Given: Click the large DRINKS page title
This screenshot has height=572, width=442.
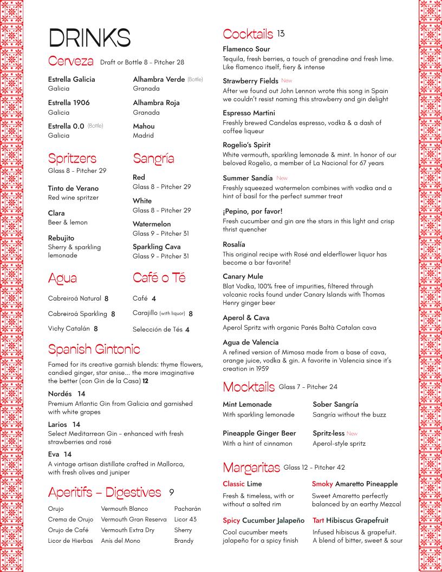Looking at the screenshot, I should pyautogui.click(x=89, y=38).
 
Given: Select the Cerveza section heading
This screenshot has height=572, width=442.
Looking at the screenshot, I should pyautogui.click(x=70, y=61).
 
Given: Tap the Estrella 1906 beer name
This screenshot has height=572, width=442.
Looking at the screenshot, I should pyautogui.click(x=69, y=103).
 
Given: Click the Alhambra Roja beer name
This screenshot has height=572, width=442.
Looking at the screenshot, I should pyautogui.click(x=156, y=103).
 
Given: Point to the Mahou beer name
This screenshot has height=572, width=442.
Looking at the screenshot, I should pyautogui.click(x=144, y=126).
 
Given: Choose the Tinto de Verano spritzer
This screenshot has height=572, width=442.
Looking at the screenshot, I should pyautogui.click(x=73, y=188).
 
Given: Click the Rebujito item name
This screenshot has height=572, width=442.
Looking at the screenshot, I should pyautogui.click(x=61, y=238).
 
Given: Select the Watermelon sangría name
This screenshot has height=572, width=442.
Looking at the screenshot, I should pyautogui.click(x=152, y=224).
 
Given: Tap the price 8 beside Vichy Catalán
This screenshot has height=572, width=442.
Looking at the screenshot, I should pyautogui.click(x=96, y=329).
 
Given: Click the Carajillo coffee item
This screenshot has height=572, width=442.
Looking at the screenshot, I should pyautogui.click(x=145, y=313).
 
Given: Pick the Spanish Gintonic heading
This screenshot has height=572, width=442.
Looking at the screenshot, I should pyautogui.click(x=94, y=349).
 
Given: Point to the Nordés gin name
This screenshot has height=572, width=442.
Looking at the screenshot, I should pyautogui.click(x=60, y=394).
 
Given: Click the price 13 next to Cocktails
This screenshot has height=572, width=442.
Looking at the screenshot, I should pyautogui.click(x=281, y=34).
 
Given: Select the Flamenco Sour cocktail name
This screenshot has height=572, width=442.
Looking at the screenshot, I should pyautogui.click(x=246, y=49).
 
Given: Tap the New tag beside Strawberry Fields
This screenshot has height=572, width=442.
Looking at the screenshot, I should pyautogui.click(x=287, y=81).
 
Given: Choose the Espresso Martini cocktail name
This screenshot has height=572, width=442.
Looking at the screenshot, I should pyautogui.click(x=249, y=113).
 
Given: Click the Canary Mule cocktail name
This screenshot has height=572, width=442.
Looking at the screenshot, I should pyautogui.click(x=243, y=277).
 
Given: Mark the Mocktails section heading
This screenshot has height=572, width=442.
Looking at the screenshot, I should pyautogui.click(x=249, y=387).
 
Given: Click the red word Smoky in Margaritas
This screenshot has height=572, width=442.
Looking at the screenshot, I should pyautogui.click(x=322, y=484).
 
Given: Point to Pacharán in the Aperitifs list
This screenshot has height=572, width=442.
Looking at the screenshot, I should pyautogui.click(x=187, y=509).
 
